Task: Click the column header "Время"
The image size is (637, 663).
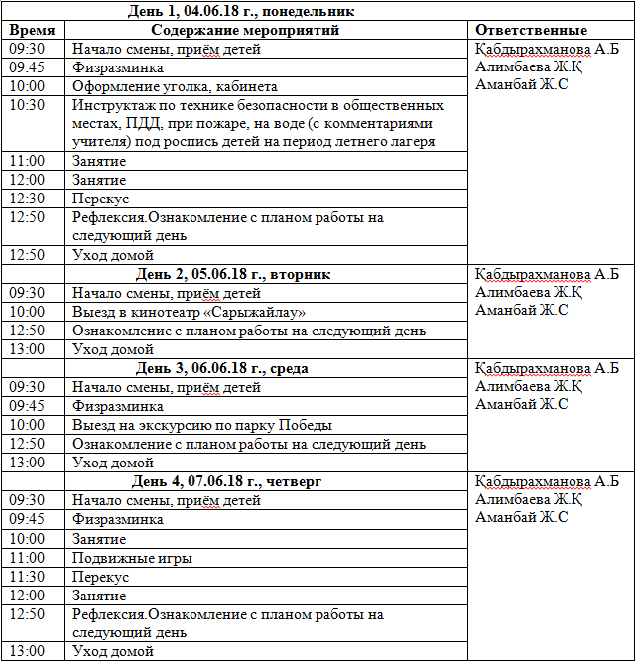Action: tap(32, 30)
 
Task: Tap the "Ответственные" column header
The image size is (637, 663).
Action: tap(531, 30)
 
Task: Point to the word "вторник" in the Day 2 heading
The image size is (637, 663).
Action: tap(303, 274)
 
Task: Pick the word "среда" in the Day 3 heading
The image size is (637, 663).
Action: tap(289, 368)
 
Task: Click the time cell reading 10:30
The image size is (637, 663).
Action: tap(27, 105)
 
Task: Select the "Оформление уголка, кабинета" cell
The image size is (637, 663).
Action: tap(175, 86)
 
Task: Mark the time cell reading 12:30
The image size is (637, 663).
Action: tap(27, 199)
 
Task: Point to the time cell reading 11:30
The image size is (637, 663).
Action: tap(27, 577)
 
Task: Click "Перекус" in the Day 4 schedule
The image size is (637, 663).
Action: tap(100, 577)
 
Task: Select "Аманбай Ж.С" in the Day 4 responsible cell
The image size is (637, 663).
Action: tap(522, 517)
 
